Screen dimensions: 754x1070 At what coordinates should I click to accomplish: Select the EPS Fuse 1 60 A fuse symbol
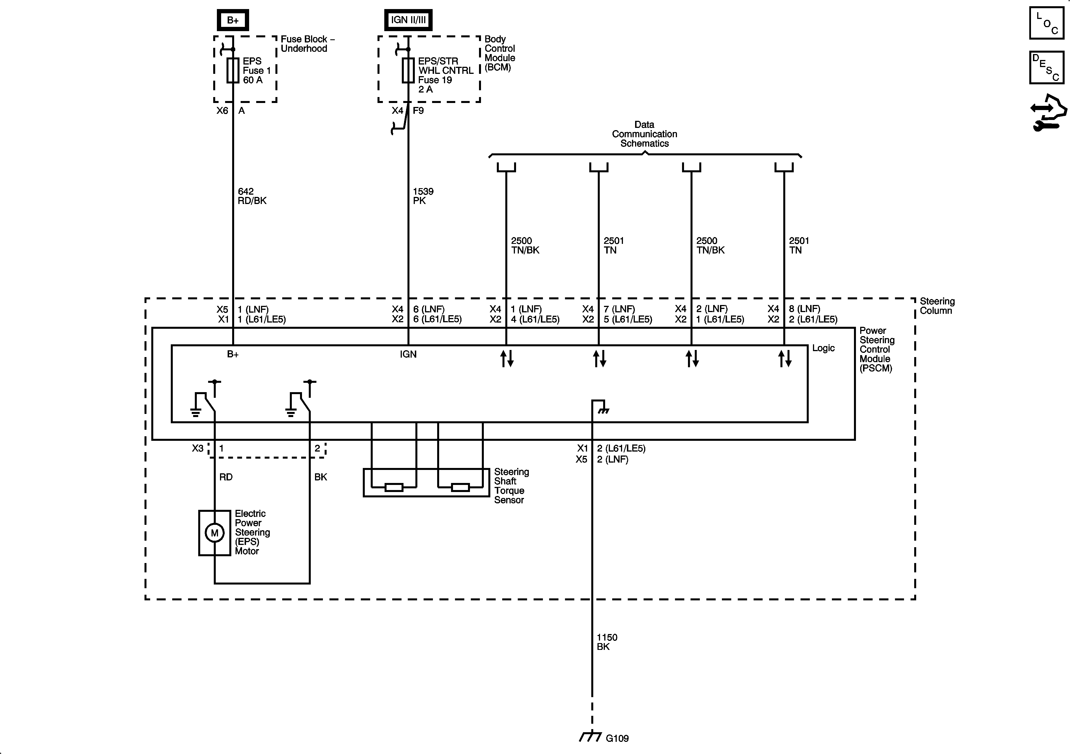click(x=232, y=70)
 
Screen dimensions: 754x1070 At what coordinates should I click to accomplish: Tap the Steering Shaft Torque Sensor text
click(x=511, y=486)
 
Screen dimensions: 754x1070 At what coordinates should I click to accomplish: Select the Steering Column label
click(x=937, y=306)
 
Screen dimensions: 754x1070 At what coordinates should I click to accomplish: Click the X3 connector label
click(x=198, y=448)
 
